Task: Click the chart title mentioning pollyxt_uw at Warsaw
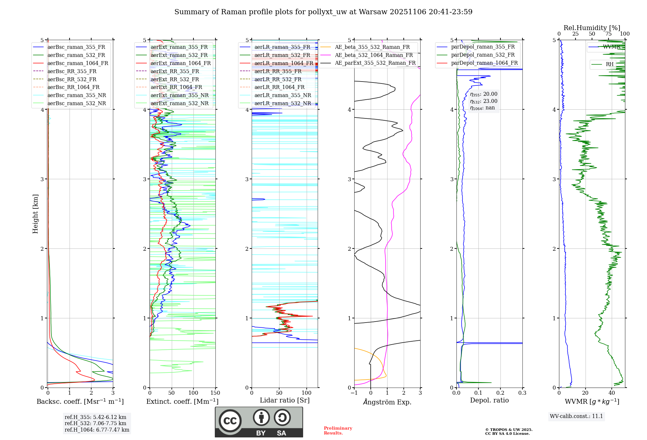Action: pyautogui.click(x=323, y=12)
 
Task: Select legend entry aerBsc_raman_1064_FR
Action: pyautogui.click(x=78, y=63)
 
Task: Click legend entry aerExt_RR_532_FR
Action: pyautogui.click(x=175, y=79)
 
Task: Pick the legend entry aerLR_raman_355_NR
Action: pyautogui.click(x=282, y=95)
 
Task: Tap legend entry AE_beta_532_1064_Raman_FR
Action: pyautogui.click(x=374, y=55)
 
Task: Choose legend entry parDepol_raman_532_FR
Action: pyautogui.click(x=483, y=55)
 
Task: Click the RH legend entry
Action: pyautogui.click(x=609, y=64)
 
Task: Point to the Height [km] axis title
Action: pyautogui.click(x=35, y=214)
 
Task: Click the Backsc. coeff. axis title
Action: pyautogui.click(x=80, y=401)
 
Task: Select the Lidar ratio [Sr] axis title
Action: pyautogui.click(x=284, y=400)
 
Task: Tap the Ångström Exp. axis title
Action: pyautogui.click(x=387, y=402)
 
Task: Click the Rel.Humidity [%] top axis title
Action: pyautogui.click(x=592, y=28)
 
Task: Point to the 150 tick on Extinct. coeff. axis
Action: pyautogui.click(x=215, y=393)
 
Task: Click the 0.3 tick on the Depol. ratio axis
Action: pyautogui.click(x=522, y=393)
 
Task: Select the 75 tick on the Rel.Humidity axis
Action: pyautogui.click(x=608, y=34)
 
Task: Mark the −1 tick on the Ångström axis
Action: pyautogui.click(x=354, y=393)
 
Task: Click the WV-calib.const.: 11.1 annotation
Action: pyautogui.click(x=576, y=416)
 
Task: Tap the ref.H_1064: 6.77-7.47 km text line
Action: pyautogui.click(x=97, y=430)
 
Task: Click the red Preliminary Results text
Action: pyautogui.click(x=338, y=431)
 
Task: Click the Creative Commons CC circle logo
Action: pyautogui.click(x=230, y=421)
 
